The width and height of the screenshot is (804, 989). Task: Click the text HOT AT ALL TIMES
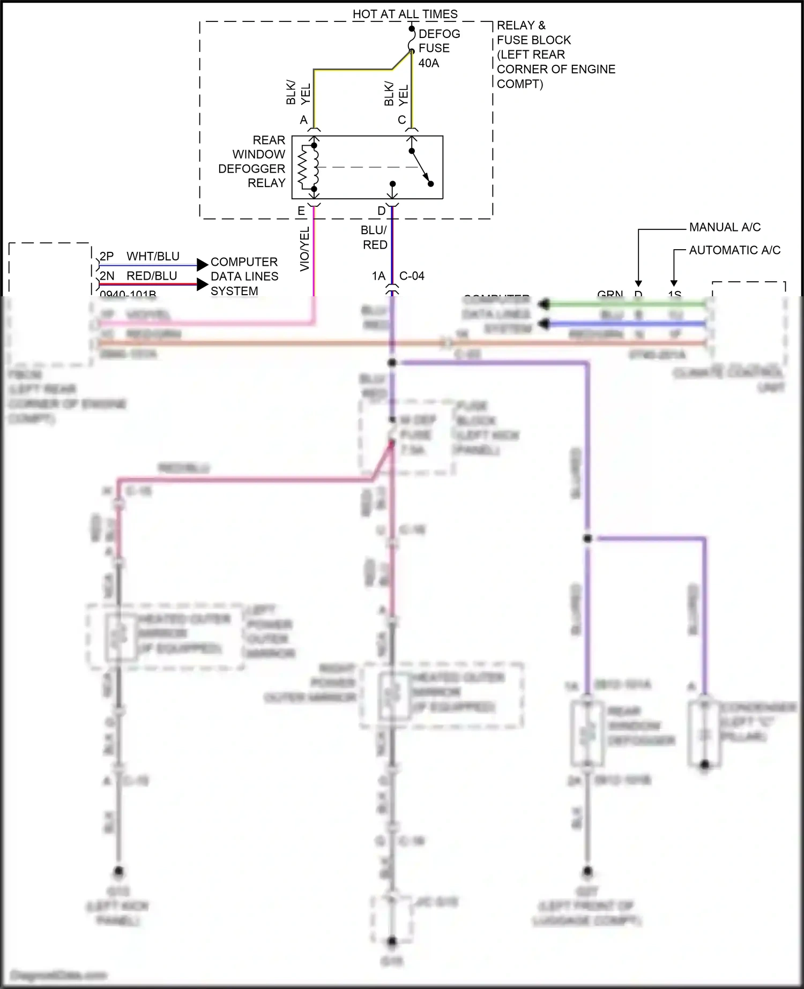coord(405,14)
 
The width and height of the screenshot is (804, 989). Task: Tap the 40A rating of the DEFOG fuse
coord(429,63)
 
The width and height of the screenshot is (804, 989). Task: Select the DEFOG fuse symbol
coord(412,41)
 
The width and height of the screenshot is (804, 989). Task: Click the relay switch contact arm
coord(420,167)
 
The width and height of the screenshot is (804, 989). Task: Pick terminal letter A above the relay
coord(304,120)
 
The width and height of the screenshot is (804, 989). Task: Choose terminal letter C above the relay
coord(402,120)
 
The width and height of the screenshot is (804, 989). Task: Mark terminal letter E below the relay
coord(301,211)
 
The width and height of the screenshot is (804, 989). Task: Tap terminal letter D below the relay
coord(382,211)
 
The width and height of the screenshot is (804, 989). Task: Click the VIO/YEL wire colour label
coord(304,249)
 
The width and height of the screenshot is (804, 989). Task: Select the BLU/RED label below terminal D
coord(374,237)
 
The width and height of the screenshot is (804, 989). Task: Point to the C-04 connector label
coord(412,276)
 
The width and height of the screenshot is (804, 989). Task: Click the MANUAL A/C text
coord(725,227)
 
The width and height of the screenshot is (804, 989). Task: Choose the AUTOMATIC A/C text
coord(734,250)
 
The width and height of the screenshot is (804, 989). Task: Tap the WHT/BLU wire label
coord(153,257)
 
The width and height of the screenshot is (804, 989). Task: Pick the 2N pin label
coord(107,276)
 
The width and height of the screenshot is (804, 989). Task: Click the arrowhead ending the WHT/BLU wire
coord(202,265)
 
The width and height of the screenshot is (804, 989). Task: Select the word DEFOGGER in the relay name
coord(251,169)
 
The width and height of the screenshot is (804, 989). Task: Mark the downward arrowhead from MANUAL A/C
coord(638,283)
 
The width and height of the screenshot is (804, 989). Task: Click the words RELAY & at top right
coord(521,26)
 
